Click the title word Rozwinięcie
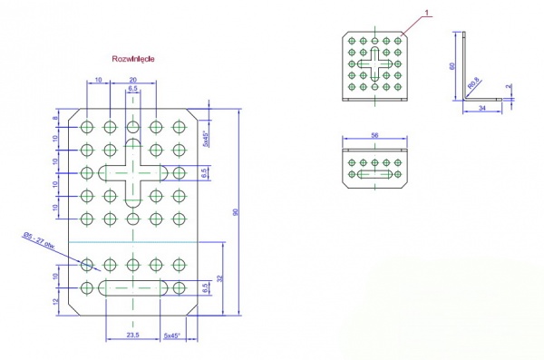click(x=133, y=57)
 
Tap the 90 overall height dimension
click(x=236, y=212)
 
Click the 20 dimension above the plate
click(x=133, y=80)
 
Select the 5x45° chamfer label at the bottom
click(x=173, y=336)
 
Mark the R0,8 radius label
click(x=474, y=86)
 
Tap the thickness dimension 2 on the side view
click(x=510, y=88)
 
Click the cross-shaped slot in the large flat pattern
click(x=133, y=172)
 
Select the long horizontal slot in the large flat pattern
click(x=133, y=288)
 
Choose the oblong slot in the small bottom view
click(x=374, y=172)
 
